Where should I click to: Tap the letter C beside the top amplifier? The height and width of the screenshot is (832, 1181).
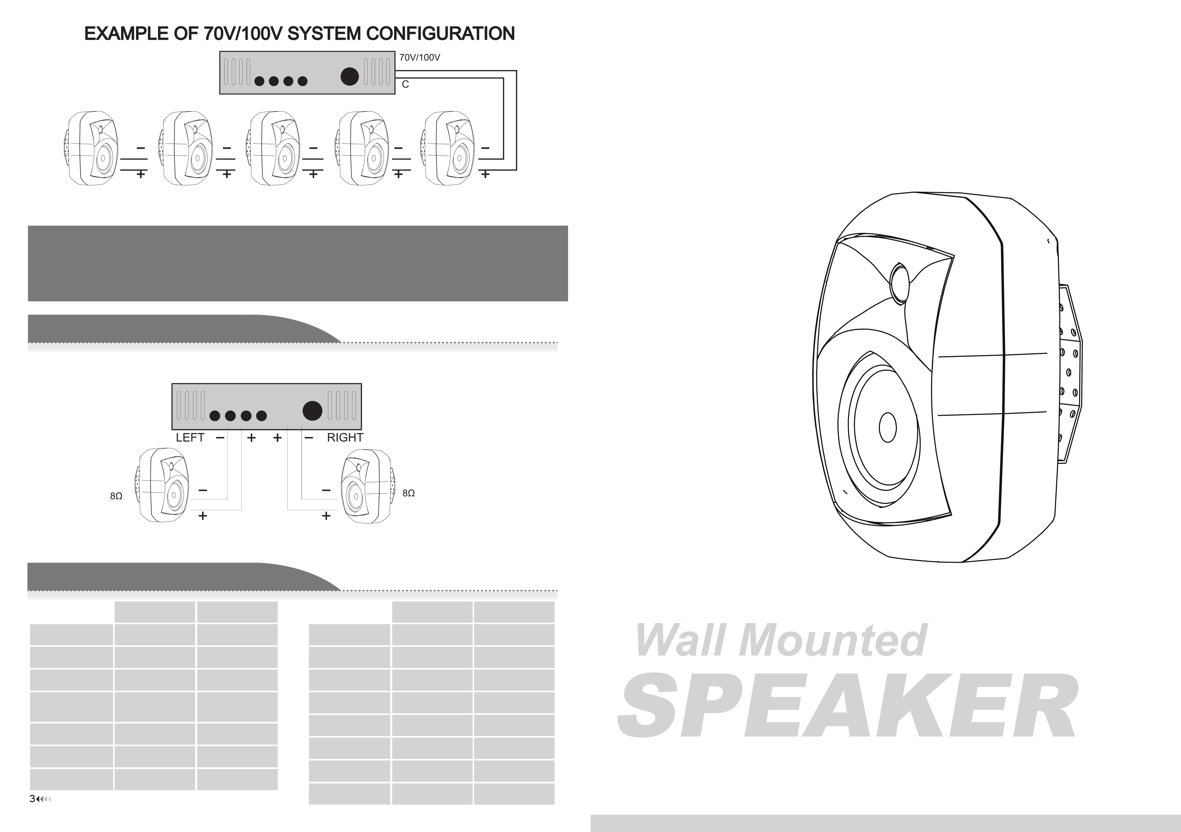(405, 84)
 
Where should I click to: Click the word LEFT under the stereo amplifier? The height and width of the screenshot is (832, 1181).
(190, 438)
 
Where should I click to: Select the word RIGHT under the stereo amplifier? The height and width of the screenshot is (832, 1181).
(345, 438)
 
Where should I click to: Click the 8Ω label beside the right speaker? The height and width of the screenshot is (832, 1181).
(408, 493)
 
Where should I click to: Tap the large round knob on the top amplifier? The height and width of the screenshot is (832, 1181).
(350, 77)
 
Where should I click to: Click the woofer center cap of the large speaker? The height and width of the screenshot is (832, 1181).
(888, 427)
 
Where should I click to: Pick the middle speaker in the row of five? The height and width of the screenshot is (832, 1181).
(275, 148)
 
